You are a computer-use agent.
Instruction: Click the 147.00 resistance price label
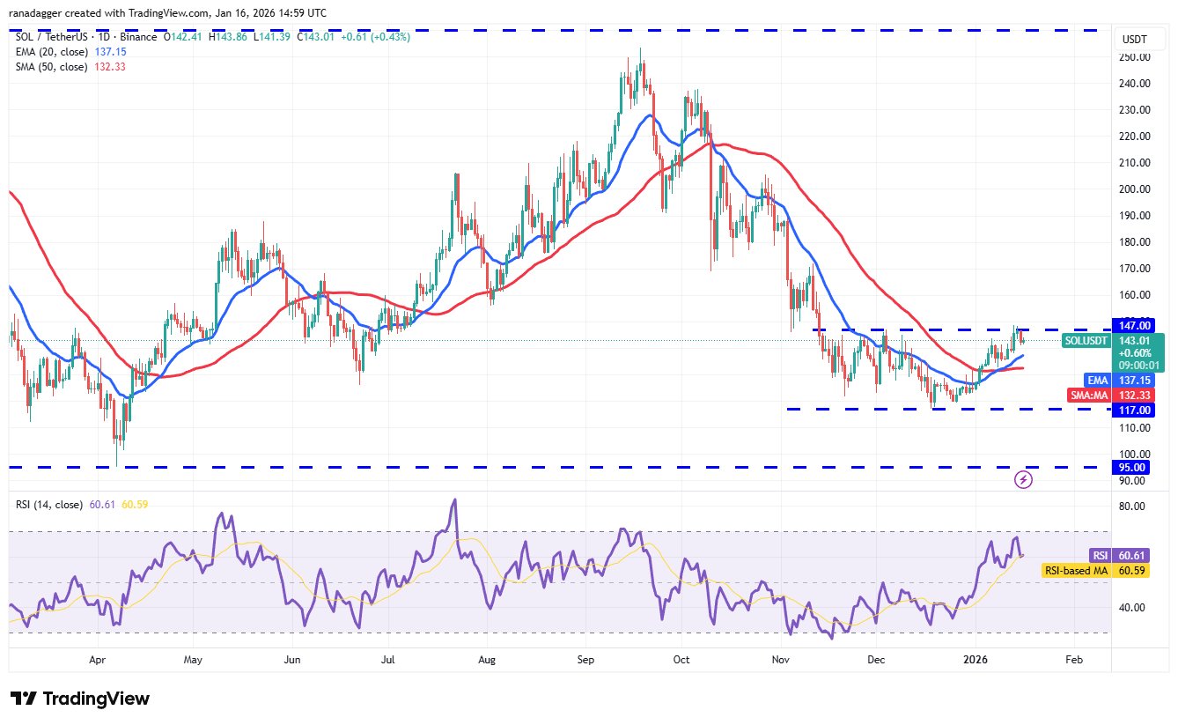pyautogui.click(x=1135, y=325)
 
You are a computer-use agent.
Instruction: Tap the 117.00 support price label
pyautogui.click(x=1135, y=410)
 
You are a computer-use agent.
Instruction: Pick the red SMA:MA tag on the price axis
pyautogui.click(x=1089, y=396)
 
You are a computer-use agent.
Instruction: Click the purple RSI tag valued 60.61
pyautogui.click(x=1100, y=555)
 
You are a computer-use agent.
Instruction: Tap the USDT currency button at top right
pyautogui.click(x=1135, y=39)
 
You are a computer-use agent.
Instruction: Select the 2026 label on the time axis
pyautogui.click(x=974, y=659)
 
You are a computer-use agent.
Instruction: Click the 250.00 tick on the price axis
pyautogui.click(x=1135, y=57)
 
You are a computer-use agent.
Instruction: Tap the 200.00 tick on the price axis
pyautogui.click(x=1135, y=189)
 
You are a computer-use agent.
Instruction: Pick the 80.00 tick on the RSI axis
pyautogui.click(x=1131, y=507)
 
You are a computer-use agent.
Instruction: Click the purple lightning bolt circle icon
pyautogui.click(x=1024, y=479)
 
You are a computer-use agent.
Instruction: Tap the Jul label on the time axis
pyautogui.click(x=387, y=659)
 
